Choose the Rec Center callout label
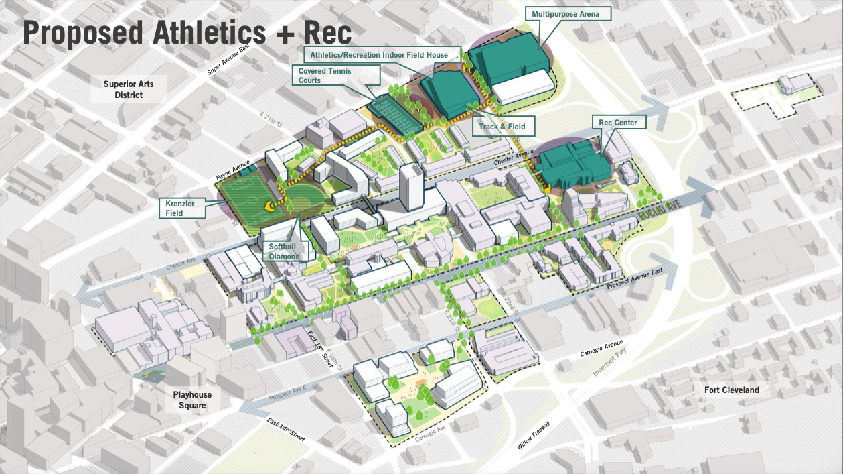point(619,123)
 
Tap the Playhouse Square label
point(189,400)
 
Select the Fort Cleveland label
point(732,390)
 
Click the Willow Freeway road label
point(534,435)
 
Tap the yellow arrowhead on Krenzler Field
point(271,206)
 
